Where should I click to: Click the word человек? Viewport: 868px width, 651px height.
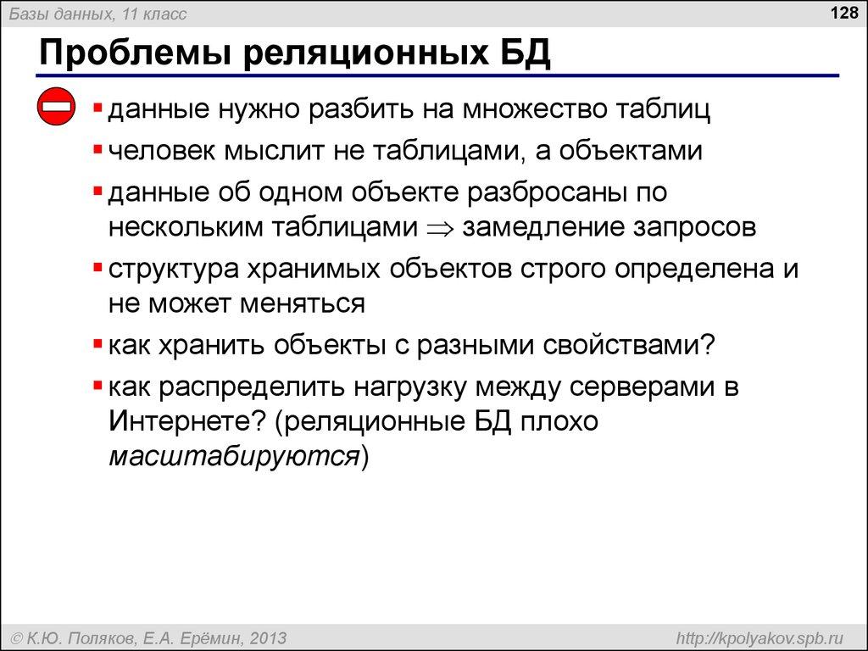[161, 151]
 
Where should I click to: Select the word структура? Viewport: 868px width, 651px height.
[172, 269]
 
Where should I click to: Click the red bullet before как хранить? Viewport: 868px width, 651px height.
[98, 345]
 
